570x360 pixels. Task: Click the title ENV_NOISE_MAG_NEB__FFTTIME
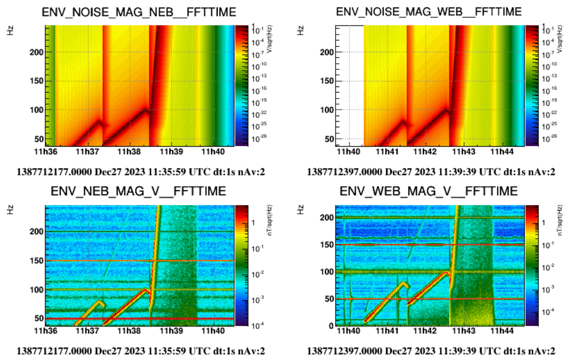139,12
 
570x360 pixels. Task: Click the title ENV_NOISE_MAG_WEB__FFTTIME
429,12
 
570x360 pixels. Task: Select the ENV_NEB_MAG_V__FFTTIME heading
139,191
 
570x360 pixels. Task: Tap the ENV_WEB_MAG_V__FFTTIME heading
429,191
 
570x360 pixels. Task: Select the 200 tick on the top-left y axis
38,52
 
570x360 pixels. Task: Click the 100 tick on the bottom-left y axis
38,290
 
